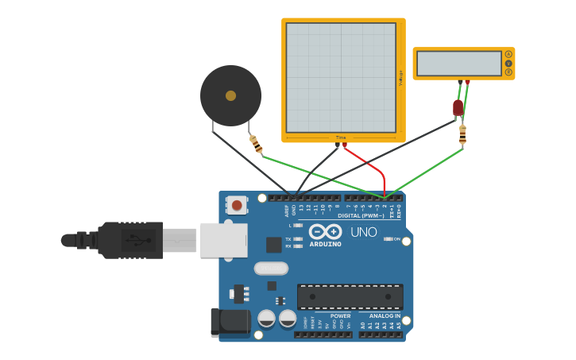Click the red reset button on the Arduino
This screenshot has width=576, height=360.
pos(237,206)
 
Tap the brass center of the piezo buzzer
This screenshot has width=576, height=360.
pos(230,95)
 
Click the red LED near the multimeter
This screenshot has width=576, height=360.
pos(458,107)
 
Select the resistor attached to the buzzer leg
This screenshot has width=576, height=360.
pos(256,145)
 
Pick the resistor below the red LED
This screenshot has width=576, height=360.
pos(462,135)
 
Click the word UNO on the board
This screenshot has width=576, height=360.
pos(364,232)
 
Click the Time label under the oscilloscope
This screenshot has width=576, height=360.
pos(341,137)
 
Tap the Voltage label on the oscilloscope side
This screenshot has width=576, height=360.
pos(400,77)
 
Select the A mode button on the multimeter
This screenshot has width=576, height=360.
pos(508,54)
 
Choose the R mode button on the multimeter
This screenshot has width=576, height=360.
pos(508,72)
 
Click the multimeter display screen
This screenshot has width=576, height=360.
pos(459,63)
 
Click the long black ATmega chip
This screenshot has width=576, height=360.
pos(350,296)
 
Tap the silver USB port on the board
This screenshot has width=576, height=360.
pos(223,240)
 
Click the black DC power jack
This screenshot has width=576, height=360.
pos(230,322)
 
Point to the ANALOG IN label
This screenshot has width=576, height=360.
pos(385,315)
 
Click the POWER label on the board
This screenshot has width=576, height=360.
pos(340,315)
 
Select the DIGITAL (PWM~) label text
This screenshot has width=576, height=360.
pos(361,215)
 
